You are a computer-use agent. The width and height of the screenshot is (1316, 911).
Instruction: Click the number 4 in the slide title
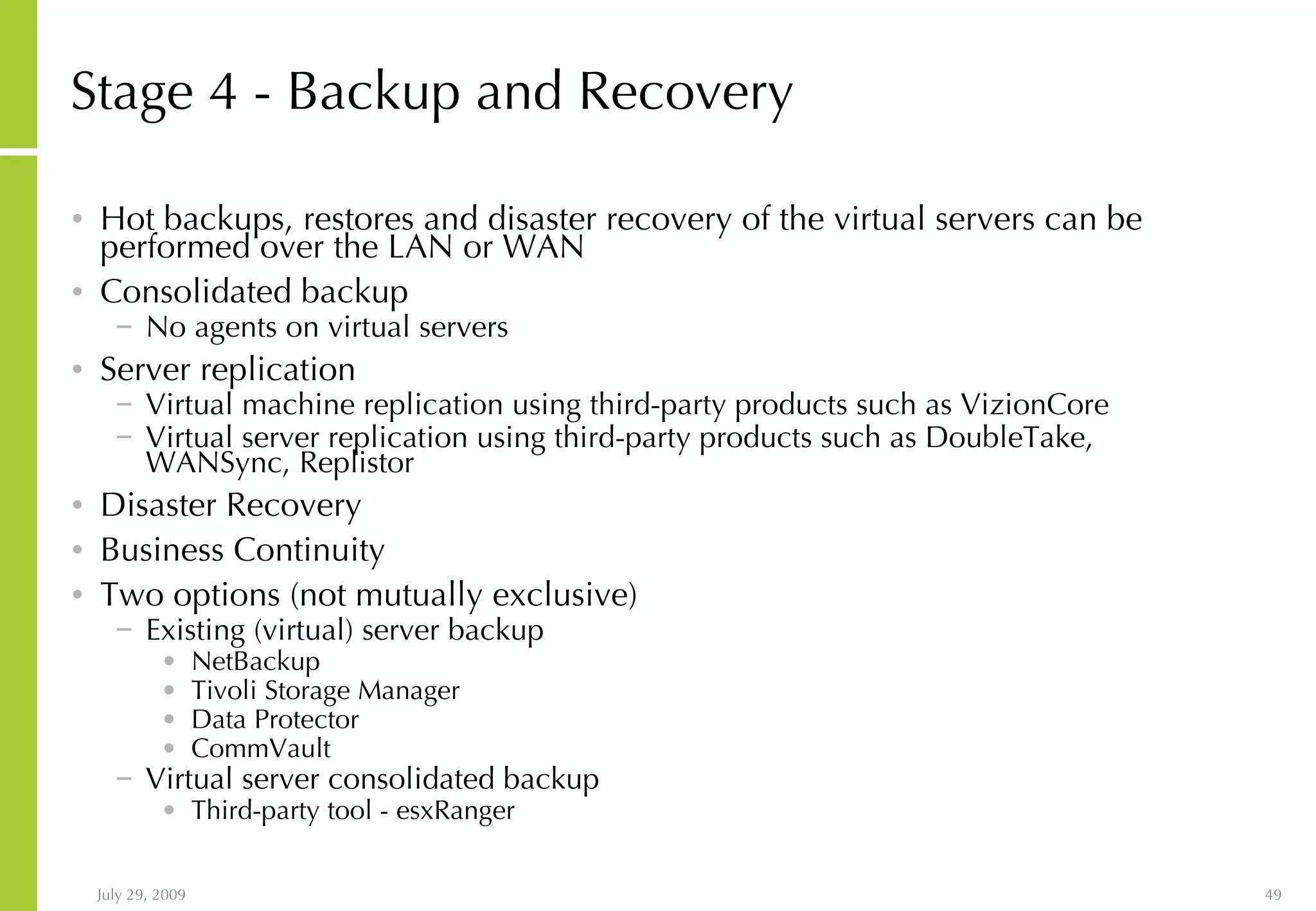coord(223,92)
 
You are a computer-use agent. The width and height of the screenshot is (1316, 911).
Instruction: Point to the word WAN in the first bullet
coord(543,247)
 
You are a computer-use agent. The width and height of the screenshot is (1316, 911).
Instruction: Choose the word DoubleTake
coord(1008,438)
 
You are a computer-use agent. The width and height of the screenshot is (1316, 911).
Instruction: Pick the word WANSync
coord(218,463)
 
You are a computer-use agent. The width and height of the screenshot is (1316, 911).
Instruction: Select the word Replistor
coord(357,463)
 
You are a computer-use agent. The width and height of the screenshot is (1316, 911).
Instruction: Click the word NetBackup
coord(255,661)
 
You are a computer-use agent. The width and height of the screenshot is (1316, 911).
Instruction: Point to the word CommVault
coord(260,748)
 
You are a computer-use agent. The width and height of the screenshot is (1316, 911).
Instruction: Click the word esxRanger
coord(455,811)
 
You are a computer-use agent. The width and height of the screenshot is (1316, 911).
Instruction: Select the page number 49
coord(1273,895)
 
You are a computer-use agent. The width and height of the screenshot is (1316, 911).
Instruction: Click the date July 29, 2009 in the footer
coord(141,895)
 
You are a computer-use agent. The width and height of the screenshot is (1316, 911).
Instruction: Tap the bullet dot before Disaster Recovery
coord(78,505)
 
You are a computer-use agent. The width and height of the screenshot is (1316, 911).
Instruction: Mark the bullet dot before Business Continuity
coord(78,550)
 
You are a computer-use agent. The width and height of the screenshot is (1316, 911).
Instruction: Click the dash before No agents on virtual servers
coord(124,326)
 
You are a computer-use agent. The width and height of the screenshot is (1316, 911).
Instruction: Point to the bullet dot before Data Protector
coord(169,720)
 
